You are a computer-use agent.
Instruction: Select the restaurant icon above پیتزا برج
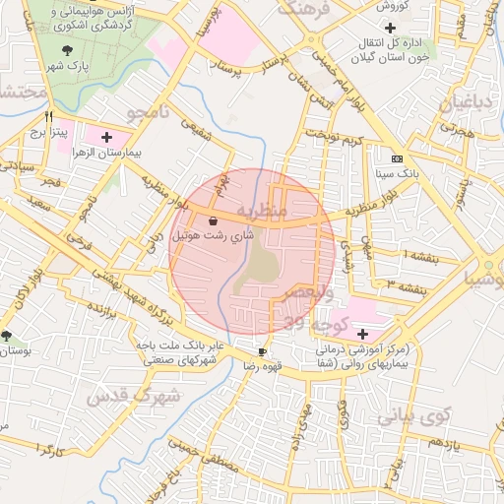coord(48,115)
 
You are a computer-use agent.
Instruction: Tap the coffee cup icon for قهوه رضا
coord(262,351)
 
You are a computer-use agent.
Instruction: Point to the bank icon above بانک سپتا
coord(397,158)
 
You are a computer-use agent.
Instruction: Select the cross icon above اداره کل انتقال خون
coord(392,28)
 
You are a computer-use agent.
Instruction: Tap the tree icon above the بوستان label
coord(7,336)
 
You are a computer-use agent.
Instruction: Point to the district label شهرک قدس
coord(132,396)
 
